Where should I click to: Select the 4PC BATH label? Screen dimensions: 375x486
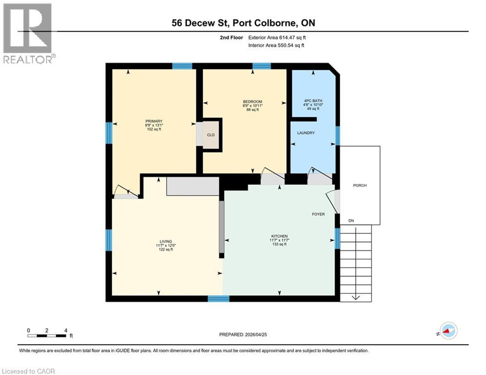[313, 101]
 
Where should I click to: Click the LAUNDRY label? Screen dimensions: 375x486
[306, 133]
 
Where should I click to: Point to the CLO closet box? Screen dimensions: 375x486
[211, 135]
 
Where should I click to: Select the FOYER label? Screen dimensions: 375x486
[318, 214]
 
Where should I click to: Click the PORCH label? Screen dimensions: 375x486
[359, 186]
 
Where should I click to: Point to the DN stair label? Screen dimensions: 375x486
[351, 221]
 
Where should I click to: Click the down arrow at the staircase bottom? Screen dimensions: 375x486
[356, 296]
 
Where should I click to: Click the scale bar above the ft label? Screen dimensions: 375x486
[47, 335]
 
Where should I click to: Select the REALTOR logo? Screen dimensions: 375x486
[28, 33]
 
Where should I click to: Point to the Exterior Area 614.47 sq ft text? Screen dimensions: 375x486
[277, 37]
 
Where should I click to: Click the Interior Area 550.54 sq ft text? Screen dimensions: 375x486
[276, 45]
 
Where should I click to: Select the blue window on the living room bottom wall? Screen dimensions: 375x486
[218, 298]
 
